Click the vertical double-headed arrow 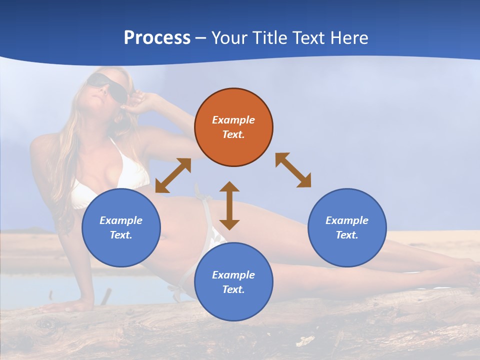coord(229,205)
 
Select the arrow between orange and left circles coord(173,175)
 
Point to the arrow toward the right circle coord(293,170)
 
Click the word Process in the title coord(157,38)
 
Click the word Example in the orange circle coord(233,120)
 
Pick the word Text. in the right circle coord(347,235)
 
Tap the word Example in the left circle coord(121,220)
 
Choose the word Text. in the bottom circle coord(233,289)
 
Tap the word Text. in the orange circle coord(233,134)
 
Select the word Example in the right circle coord(347,220)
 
